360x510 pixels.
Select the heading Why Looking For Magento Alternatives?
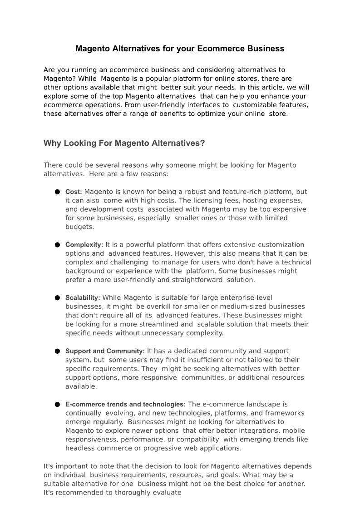click(x=124, y=144)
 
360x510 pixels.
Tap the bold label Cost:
click(x=74, y=192)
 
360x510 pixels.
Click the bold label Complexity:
click(x=84, y=245)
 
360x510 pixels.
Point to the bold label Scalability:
click(x=83, y=298)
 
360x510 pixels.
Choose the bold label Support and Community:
click(x=105, y=351)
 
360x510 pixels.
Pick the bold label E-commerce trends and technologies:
click(x=125, y=404)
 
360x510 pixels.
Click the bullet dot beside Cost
click(x=58, y=192)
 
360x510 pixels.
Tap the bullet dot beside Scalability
click(x=58, y=298)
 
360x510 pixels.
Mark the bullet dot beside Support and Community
click(x=58, y=351)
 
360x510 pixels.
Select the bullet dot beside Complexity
click(x=58, y=245)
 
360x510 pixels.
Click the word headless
click(x=79, y=448)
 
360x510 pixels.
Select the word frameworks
click(x=287, y=413)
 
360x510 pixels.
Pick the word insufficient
click(x=200, y=360)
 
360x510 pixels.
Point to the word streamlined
click(x=153, y=324)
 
